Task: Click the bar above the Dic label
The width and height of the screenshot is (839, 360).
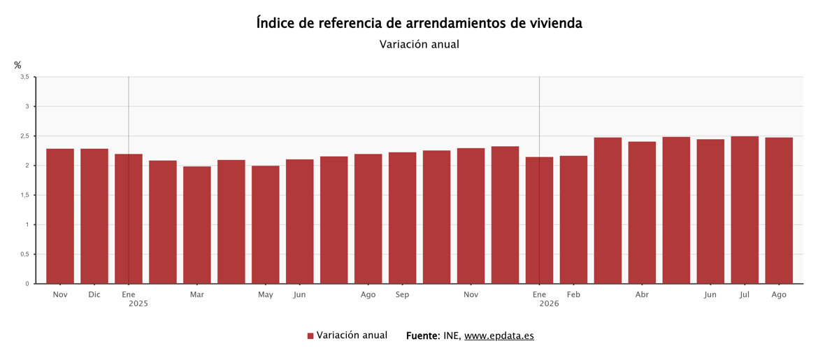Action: click(94, 216)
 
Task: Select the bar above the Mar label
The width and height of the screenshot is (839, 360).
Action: click(197, 225)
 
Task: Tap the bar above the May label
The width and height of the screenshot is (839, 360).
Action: click(266, 224)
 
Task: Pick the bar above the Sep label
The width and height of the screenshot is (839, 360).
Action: click(402, 217)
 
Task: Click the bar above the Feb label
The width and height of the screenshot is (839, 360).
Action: click(573, 219)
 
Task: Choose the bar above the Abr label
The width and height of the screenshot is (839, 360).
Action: click(642, 213)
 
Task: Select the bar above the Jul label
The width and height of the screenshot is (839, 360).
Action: click(745, 210)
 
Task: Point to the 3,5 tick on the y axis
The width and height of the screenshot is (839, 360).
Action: click(24, 77)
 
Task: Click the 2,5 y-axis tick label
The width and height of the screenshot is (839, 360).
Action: click(24, 136)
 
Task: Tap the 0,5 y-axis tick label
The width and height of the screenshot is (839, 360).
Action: click(24, 254)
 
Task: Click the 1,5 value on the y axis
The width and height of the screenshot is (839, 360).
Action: click(24, 195)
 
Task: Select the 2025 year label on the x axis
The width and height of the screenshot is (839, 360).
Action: click(138, 304)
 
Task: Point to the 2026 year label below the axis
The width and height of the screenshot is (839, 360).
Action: click(549, 304)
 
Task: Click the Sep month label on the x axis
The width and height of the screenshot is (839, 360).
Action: click(402, 295)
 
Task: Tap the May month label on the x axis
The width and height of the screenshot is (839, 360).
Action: click(266, 295)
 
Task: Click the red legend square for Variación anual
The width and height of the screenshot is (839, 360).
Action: click(310, 336)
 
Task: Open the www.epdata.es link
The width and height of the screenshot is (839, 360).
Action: click(499, 336)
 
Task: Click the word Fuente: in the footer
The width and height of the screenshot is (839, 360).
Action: click(423, 336)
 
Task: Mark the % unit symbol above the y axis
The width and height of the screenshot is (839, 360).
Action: click(17, 65)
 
